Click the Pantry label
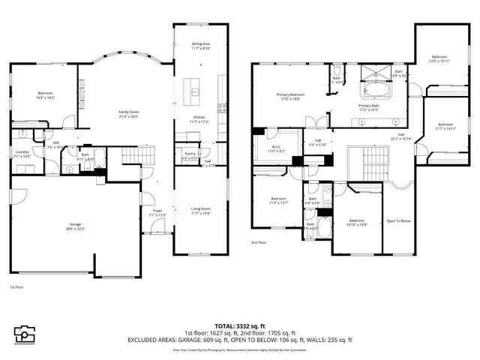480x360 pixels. point(189,155)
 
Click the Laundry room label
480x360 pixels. point(21,153)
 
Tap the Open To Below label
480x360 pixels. point(397,221)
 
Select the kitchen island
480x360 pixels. point(194,92)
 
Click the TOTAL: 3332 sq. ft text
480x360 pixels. point(239,326)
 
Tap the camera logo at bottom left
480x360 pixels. point(25,333)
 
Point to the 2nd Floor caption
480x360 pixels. point(259,242)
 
